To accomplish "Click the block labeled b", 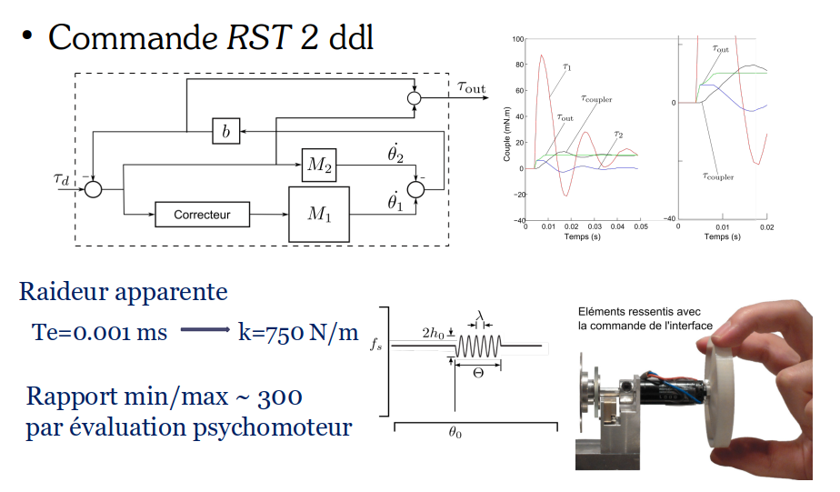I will click(225, 132).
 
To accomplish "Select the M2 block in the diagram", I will click(318, 165).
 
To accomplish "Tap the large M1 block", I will click(318, 215).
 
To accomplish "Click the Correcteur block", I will click(201, 215).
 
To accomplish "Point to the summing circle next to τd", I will click(93, 188).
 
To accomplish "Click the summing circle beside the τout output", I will click(415, 98).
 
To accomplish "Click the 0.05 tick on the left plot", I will click(640, 227).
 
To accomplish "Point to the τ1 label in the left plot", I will click(567, 66).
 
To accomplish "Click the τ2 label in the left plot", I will click(618, 135).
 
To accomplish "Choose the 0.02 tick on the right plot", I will click(766, 227).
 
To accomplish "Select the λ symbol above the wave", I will click(481, 317).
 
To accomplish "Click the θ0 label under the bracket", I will click(453, 435).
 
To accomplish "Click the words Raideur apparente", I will click(123, 293).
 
